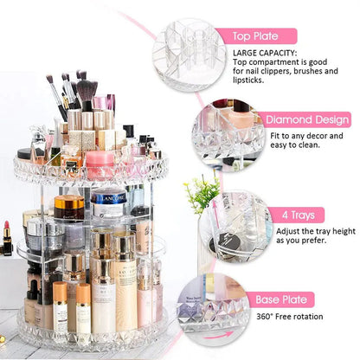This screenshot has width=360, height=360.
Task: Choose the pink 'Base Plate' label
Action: point(278,299)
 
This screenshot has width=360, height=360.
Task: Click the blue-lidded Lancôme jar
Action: point(109,204)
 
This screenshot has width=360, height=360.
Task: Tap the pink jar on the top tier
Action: point(101,163)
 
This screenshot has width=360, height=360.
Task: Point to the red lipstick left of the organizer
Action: point(8,239)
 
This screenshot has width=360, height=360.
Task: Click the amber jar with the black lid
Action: point(68,207)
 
